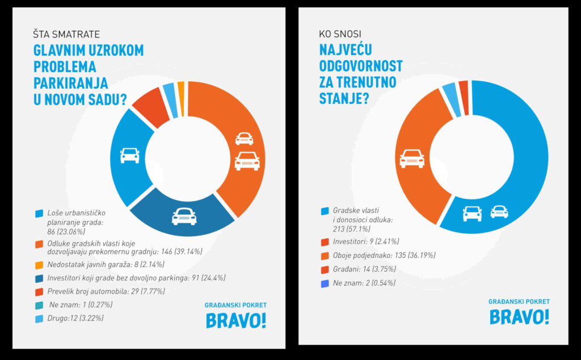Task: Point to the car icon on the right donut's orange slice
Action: (412, 158)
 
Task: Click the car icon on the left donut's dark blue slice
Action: (184, 216)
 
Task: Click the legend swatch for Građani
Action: (325, 269)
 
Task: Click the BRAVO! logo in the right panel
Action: (519, 316)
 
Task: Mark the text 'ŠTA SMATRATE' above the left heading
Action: (66, 34)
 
